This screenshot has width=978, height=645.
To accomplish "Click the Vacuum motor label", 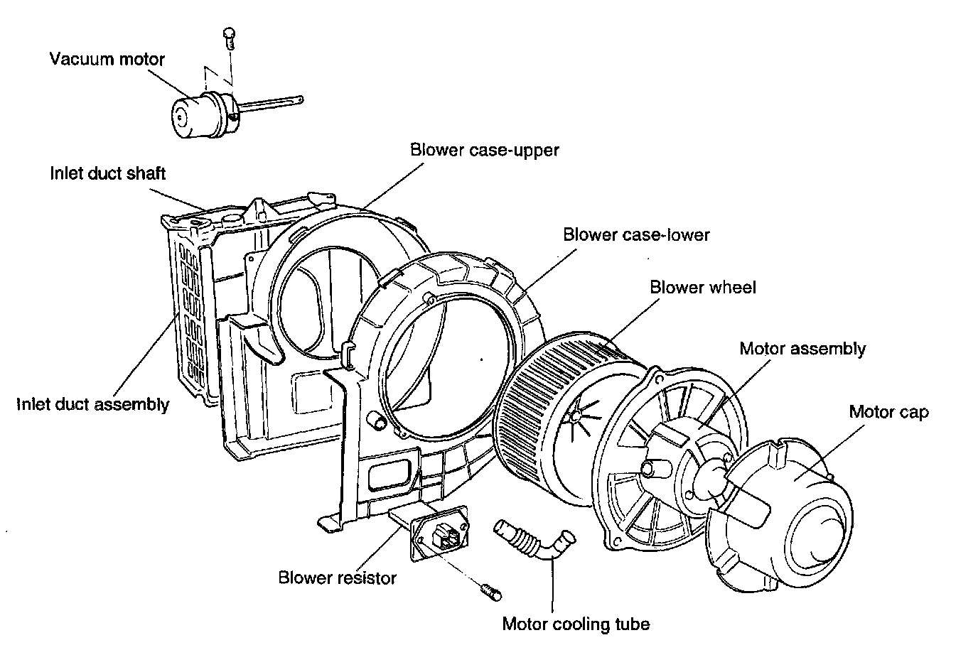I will pyautogui.click(x=107, y=58).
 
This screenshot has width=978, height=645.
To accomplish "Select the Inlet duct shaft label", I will pyautogui.click(x=107, y=173).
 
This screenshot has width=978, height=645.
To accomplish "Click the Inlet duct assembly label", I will pyautogui.click(x=93, y=404).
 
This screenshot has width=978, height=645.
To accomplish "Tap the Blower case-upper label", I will pyautogui.click(x=485, y=150).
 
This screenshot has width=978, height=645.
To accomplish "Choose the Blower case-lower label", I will pyautogui.click(x=636, y=234).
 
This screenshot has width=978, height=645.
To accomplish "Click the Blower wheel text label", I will pyautogui.click(x=703, y=287).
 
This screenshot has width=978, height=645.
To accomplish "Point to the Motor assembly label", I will pyautogui.click(x=802, y=348).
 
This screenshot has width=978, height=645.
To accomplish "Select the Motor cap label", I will pyautogui.click(x=888, y=411).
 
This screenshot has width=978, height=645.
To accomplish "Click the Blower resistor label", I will pyautogui.click(x=337, y=578).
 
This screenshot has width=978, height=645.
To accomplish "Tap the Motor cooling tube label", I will pyautogui.click(x=576, y=624).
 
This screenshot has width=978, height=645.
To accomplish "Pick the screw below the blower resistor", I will pyautogui.click(x=490, y=589).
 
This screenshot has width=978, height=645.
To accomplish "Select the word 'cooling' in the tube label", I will pyautogui.click(x=576, y=624).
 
